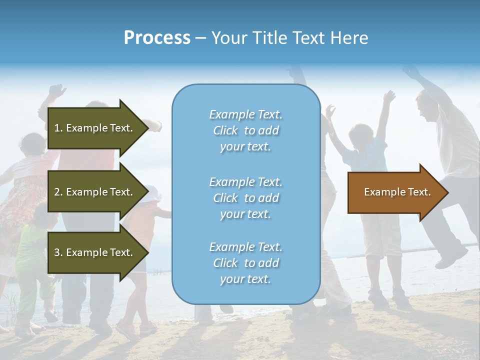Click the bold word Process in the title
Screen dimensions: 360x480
[x=157, y=37]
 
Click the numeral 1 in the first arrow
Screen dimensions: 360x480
[x=57, y=128]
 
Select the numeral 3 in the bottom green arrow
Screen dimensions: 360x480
[x=57, y=252]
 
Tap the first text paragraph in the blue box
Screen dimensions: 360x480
[x=245, y=130]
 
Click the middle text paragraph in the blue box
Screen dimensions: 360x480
[x=245, y=198]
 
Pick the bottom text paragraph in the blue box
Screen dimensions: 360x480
[x=245, y=263]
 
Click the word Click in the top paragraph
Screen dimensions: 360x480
[x=225, y=130]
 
